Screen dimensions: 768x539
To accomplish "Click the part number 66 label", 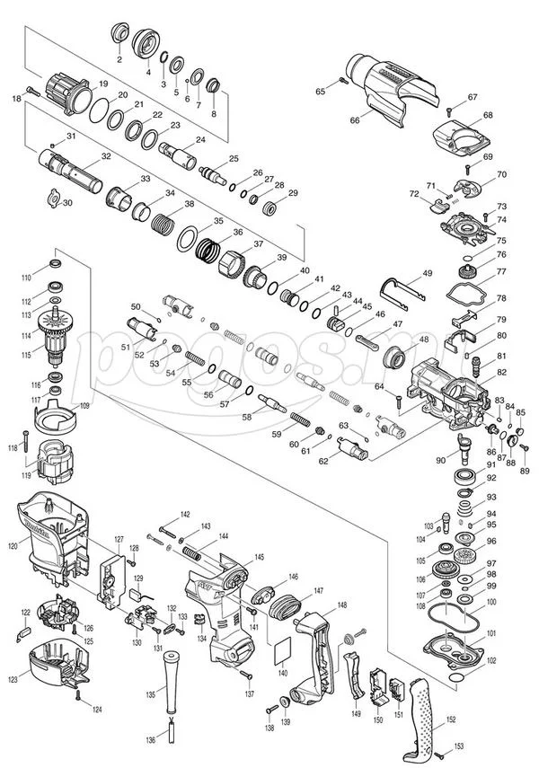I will pos(355,119).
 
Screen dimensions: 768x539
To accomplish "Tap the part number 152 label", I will pos(451,719).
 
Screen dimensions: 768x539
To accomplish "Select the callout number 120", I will pos(13,544).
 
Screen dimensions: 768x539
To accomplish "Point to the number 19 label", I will pos(104,84).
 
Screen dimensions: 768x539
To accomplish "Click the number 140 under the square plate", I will pos(283,673).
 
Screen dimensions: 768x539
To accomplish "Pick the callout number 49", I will pos(428,273).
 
